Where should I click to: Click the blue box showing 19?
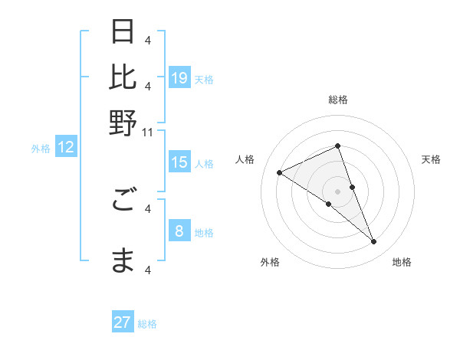click(179, 78)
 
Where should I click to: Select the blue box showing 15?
click(179, 162)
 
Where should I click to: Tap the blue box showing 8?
click(179, 231)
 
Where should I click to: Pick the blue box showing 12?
click(66, 148)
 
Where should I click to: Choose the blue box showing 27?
click(123, 322)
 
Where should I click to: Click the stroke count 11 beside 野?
click(149, 133)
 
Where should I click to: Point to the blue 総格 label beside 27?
click(147, 324)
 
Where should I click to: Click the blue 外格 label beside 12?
click(41, 149)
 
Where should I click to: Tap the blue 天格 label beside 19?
click(204, 79)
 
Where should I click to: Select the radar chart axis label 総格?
click(337, 100)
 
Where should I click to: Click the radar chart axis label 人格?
click(245, 159)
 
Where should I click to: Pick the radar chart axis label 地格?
click(402, 262)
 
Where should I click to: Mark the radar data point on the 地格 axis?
click(374, 242)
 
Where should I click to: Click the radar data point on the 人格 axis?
click(279, 172)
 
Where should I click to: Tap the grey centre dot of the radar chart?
click(337, 191)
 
